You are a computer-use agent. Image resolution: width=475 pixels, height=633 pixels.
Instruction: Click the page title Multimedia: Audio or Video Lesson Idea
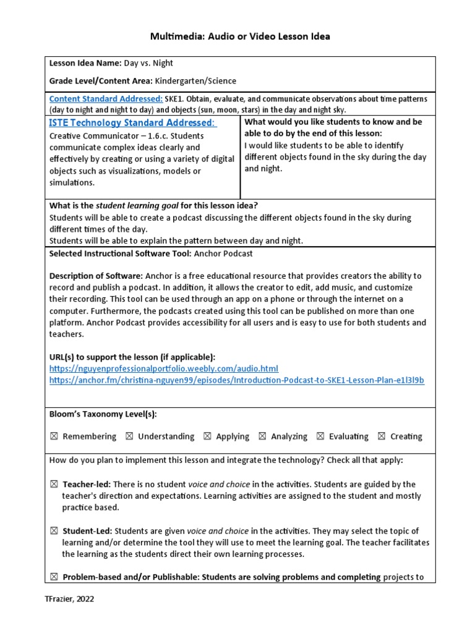240,36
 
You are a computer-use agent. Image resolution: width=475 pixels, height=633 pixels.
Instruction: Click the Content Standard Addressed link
106,99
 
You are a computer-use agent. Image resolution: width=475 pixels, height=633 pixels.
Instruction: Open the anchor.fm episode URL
236,380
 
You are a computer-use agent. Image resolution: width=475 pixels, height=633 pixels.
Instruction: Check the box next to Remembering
54,436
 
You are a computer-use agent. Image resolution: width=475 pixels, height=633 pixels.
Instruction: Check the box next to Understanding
129,436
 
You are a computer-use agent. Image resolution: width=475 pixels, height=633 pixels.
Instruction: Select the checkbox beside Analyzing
262,436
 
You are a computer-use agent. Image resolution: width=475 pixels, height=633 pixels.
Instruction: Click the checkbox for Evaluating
320,436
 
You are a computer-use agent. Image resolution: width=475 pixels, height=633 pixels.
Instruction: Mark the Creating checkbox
382,436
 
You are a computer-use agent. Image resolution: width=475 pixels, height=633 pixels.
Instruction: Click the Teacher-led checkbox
54,484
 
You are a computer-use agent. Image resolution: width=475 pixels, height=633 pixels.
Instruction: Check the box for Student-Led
54,531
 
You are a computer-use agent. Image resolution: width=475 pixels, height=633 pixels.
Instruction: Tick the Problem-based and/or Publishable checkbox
54,577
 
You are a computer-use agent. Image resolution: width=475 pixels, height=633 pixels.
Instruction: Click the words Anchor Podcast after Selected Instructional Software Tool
214,253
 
